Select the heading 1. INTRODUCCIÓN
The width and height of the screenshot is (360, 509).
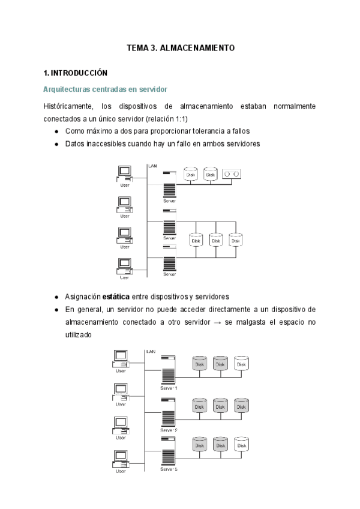[x=76, y=73]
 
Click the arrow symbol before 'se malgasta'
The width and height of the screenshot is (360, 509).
[x=217, y=322]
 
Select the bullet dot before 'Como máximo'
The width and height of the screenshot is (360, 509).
[x=56, y=131]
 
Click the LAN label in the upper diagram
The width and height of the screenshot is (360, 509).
[x=152, y=165]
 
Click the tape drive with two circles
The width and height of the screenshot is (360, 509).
[x=231, y=174]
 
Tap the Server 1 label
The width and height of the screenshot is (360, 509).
[x=169, y=388]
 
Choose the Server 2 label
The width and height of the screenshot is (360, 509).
[x=169, y=430]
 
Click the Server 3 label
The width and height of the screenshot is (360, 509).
[x=169, y=469]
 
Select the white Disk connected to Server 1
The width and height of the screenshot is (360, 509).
[x=241, y=364]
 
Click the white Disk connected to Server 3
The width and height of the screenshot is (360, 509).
[x=241, y=445]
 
